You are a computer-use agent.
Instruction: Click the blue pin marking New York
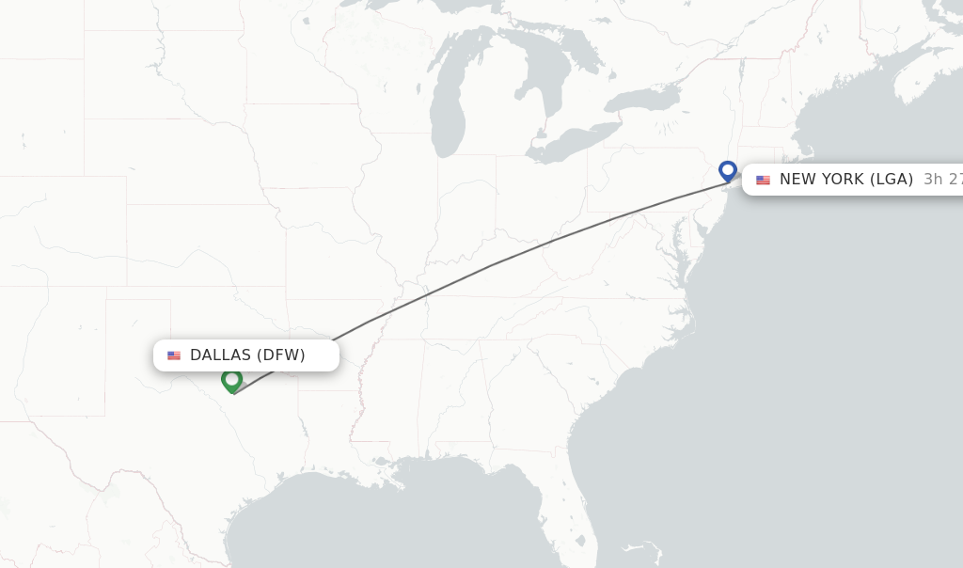pos(727,170)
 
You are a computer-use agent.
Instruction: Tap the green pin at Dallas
pos(231,379)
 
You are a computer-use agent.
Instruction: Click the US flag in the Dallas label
pos(174,355)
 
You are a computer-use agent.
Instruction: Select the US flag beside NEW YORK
pos(763,180)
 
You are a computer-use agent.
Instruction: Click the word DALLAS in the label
pos(221,355)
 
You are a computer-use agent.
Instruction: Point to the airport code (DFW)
pos(280,355)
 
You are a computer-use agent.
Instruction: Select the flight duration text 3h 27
pos(942,179)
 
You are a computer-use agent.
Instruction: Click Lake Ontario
pos(642,98)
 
